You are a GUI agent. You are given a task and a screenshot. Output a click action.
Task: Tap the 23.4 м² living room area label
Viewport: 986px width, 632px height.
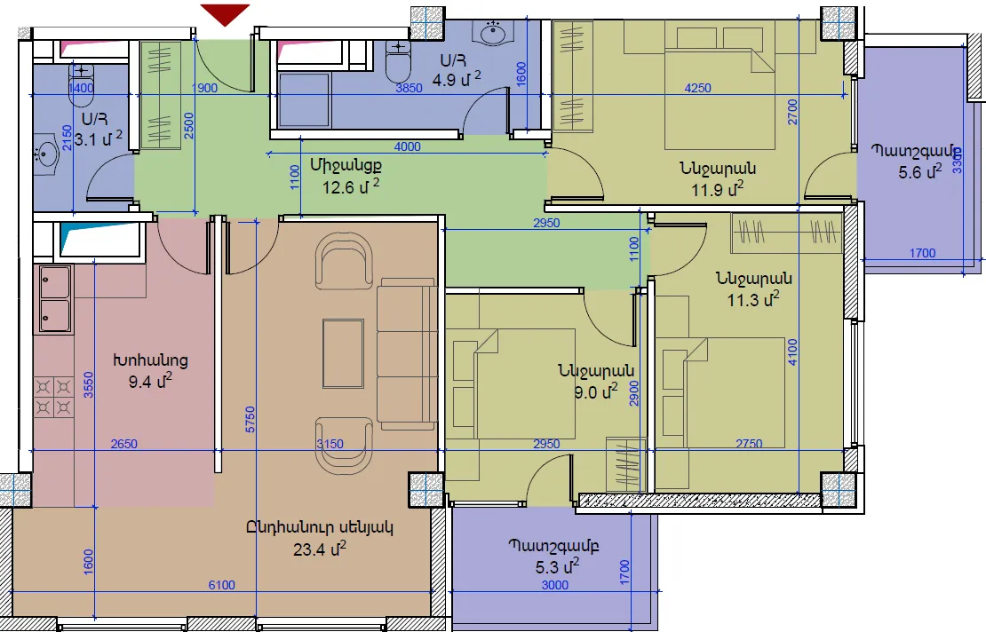[320, 549]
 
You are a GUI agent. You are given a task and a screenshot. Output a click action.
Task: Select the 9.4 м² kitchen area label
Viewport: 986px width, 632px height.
[150, 381]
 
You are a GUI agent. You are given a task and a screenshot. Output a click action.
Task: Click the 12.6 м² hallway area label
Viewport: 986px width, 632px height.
[351, 186]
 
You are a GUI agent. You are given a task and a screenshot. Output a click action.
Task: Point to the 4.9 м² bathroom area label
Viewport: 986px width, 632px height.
[457, 79]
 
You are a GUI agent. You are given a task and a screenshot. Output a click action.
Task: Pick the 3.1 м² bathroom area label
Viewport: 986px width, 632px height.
[98, 138]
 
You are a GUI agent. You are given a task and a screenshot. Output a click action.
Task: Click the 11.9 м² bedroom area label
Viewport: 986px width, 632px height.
[718, 189]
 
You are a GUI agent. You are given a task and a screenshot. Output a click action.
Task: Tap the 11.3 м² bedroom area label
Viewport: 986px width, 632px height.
[753, 299]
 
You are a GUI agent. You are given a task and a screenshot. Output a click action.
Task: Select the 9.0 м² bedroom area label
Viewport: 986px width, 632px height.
[595, 391]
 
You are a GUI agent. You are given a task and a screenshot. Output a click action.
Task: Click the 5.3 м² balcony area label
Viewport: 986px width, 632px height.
[557, 566]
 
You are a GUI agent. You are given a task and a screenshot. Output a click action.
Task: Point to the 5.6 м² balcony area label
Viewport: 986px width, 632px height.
[920, 171]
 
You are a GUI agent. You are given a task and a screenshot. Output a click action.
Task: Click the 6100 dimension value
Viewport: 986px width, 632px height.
[222, 585]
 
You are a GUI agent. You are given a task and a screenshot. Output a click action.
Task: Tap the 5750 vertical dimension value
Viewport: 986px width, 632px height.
[250, 420]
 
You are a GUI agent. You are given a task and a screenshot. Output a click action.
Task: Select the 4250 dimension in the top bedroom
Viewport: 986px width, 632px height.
[698, 88]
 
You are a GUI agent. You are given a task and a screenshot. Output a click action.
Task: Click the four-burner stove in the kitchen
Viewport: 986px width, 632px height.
[53, 397]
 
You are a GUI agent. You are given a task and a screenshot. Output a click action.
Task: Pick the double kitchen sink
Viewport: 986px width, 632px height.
[55, 299]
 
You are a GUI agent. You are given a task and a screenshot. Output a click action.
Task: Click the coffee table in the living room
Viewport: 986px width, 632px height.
[344, 353]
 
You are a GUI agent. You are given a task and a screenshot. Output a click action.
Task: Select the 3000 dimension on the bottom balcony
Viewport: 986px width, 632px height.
[555, 585]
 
